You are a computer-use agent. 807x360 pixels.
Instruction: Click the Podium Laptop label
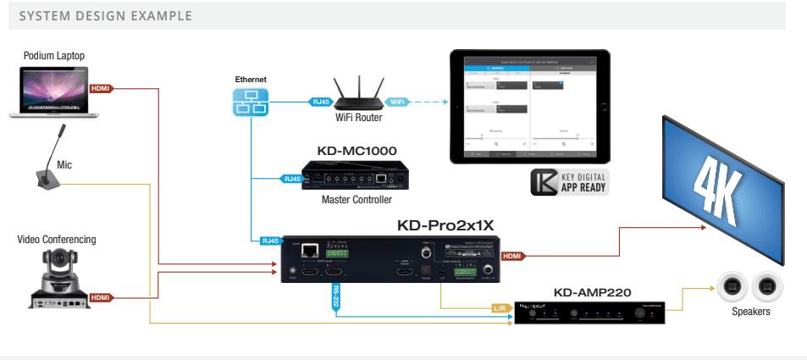pyautogui.click(x=54, y=56)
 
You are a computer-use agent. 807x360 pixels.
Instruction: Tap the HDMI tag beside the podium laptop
pyautogui.click(x=99, y=88)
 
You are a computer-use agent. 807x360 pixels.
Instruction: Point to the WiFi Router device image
pyautogui.click(x=356, y=93)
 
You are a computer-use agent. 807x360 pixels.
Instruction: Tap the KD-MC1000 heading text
pyautogui.click(x=357, y=152)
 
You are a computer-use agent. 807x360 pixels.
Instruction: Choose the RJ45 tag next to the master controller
pyautogui.click(x=290, y=179)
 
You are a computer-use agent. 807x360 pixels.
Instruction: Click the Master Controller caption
pyautogui.click(x=357, y=200)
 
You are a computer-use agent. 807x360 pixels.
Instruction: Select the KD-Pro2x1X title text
pyautogui.click(x=445, y=226)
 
